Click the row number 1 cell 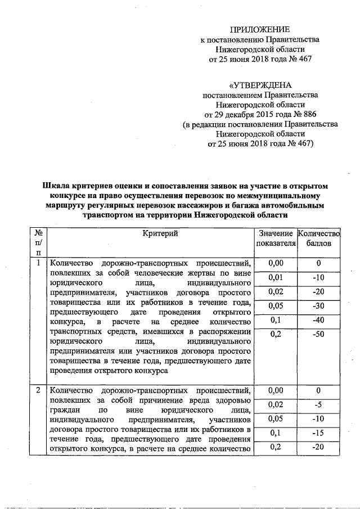coord(38,263)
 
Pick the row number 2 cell coord(38,390)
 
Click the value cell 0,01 coord(276,278)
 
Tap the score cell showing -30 coord(318,306)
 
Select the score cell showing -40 coord(318,320)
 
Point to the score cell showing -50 coord(318,335)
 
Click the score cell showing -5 coord(318,404)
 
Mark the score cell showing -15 coord(318,433)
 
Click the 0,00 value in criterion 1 coord(276,263)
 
